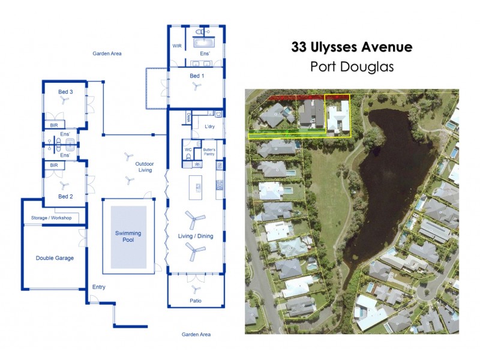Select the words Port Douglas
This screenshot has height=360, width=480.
point(352,67)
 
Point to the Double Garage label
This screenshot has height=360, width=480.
point(55,257)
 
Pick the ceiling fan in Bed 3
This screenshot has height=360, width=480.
point(65,101)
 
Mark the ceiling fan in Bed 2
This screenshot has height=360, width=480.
point(65,187)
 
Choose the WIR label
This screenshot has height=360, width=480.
point(177,46)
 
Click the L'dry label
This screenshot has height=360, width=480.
point(210,127)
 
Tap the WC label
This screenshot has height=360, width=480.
point(188,148)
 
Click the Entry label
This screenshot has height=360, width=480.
point(98,287)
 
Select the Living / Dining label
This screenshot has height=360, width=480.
point(195,236)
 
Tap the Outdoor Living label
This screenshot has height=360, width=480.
point(144,167)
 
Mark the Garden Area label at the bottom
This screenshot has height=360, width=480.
point(196,334)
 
